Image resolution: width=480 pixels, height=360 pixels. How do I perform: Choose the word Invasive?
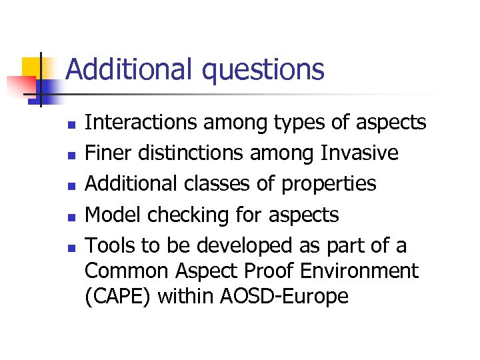tap(359, 153)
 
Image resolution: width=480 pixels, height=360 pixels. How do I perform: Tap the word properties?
tap(329, 185)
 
